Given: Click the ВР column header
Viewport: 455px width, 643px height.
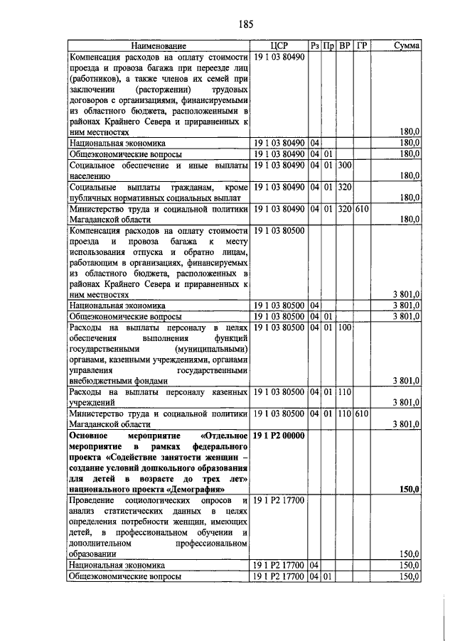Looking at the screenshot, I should pyautogui.click(x=345, y=45).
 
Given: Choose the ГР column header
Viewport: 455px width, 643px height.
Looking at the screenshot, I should pyautogui.click(x=362, y=45).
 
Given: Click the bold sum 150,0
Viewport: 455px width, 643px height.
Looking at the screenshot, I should pyautogui.click(x=409, y=490).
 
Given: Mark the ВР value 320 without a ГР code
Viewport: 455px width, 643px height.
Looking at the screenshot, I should pyautogui.click(x=346, y=187).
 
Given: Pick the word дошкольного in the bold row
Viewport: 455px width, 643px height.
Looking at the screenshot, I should pyautogui.click(x=178, y=468).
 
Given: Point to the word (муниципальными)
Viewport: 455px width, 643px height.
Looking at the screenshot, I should pyautogui.click(x=213, y=348).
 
